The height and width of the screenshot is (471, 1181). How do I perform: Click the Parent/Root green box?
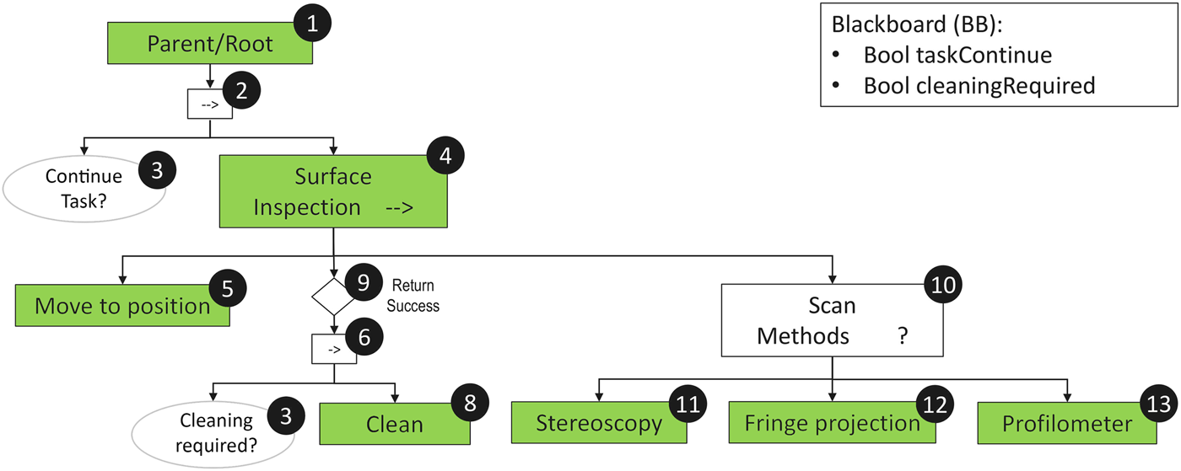tap(210, 43)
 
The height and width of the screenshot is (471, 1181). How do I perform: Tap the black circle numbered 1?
tap(314, 25)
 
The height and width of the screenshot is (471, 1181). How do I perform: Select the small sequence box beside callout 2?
tap(209, 104)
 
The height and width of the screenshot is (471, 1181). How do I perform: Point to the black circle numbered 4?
tap(445, 157)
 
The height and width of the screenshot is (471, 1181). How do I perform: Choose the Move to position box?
tap(122, 306)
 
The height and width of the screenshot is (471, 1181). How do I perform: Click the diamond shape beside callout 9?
tap(332, 295)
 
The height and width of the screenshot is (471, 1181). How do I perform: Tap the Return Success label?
tap(413, 296)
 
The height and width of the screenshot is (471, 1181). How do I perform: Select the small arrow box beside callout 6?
tap(333, 349)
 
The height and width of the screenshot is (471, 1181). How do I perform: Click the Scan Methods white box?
tap(832, 321)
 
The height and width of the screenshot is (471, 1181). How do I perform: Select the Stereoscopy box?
tap(599, 422)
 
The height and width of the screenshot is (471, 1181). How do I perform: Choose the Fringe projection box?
tap(832, 422)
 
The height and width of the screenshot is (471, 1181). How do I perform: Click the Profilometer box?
tap(1067, 423)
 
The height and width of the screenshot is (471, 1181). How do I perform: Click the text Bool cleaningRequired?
tap(979, 85)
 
